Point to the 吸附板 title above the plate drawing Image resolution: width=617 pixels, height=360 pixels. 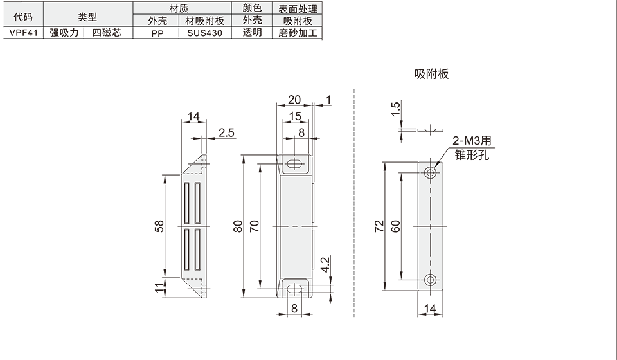[431, 74]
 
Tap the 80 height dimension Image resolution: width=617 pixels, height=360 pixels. [238, 227]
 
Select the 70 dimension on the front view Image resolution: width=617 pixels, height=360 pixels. [255, 226]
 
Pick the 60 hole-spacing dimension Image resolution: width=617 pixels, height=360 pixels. [395, 226]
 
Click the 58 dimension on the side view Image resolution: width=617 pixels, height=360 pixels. [160, 226]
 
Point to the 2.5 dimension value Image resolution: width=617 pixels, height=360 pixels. [227, 133]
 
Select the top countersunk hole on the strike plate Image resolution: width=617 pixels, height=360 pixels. [431, 173]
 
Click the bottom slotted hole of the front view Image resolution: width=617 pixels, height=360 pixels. [294, 289]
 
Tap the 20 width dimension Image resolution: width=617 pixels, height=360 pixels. [294, 100]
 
